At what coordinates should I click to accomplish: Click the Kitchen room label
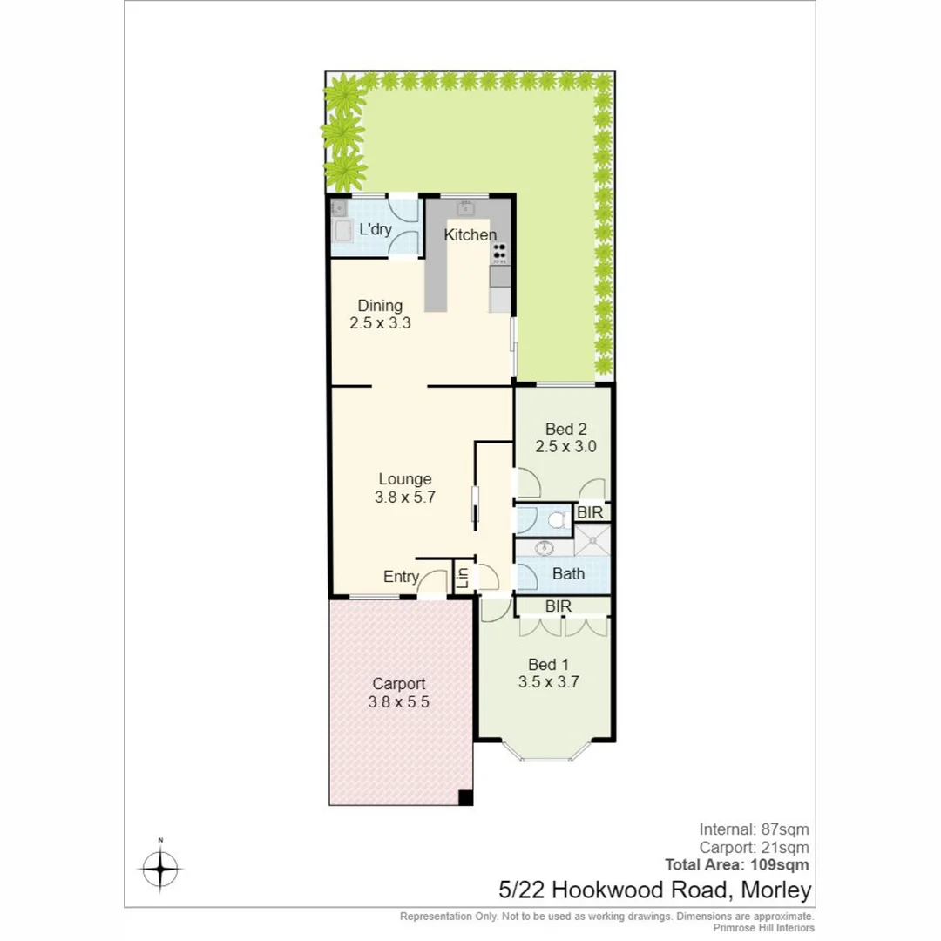(x=470, y=234)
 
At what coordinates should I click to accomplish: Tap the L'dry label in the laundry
(x=376, y=230)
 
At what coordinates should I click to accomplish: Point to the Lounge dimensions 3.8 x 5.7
(x=404, y=498)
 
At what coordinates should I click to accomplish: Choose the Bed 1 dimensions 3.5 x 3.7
(x=549, y=683)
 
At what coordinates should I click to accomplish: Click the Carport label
(x=399, y=683)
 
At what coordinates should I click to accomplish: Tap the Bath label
(x=568, y=574)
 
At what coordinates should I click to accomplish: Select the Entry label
(x=401, y=577)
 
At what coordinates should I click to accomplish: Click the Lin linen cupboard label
(x=464, y=576)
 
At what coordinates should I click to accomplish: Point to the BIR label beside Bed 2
(x=590, y=512)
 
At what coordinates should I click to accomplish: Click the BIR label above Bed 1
(x=558, y=606)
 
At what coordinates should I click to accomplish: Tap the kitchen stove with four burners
(x=499, y=252)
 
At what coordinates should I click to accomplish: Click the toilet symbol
(x=556, y=520)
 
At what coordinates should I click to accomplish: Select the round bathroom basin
(x=545, y=549)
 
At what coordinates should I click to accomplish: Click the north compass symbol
(x=159, y=868)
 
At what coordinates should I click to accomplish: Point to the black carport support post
(x=465, y=797)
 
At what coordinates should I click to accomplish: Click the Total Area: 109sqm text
(x=736, y=865)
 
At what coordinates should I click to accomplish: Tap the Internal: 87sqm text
(x=754, y=829)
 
